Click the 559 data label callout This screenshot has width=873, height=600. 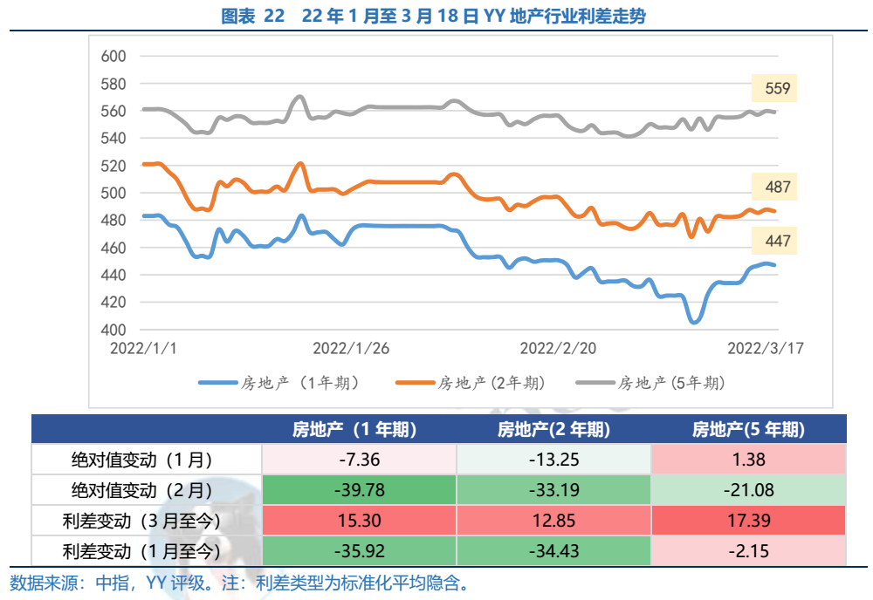(x=777, y=88)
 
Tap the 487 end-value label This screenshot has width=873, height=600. (x=777, y=187)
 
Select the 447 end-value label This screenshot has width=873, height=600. (x=777, y=242)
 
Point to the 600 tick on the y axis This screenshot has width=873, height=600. (x=114, y=57)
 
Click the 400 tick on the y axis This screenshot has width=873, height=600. (x=114, y=330)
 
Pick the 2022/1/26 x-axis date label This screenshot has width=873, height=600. (x=350, y=347)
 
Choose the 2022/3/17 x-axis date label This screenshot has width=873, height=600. (x=766, y=347)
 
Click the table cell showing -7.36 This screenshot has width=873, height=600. (x=358, y=460)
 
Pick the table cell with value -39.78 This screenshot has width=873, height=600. (x=358, y=490)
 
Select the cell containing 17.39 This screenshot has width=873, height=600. (x=748, y=521)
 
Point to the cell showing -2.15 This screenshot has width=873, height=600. (x=748, y=551)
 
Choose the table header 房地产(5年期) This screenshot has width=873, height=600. (x=748, y=429)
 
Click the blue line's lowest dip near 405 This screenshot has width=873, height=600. (x=694, y=322)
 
